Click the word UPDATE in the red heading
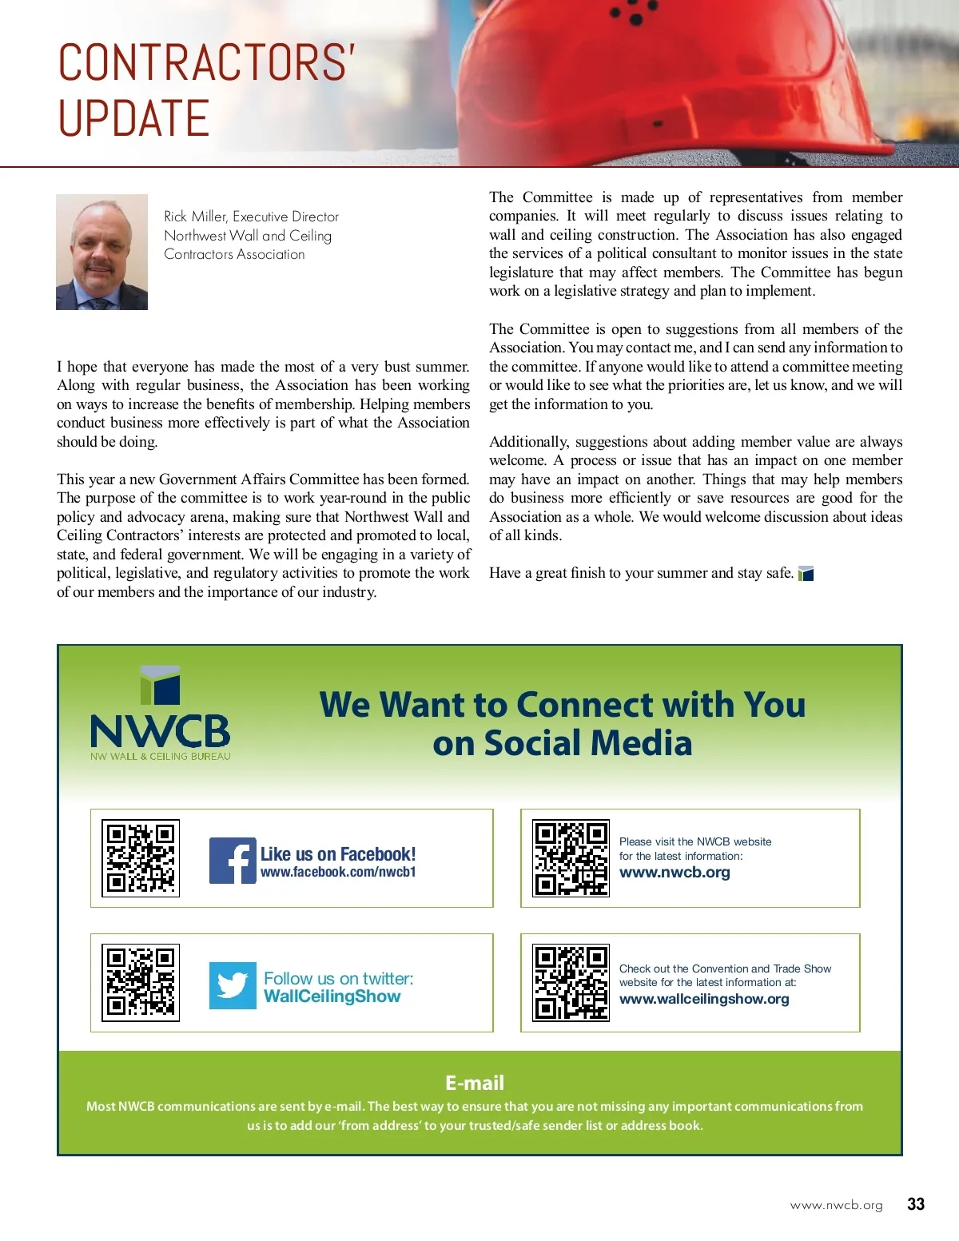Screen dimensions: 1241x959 pos(133,118)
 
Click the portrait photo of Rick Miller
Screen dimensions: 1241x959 pos(101,252)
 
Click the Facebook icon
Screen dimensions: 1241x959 pos(233,861)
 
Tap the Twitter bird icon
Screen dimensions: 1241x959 pos(233,985)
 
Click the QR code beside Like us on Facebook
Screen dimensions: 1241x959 pos(141,858)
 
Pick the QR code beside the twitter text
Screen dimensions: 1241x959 pos(141,982)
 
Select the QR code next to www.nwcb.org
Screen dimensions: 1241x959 pos(571,858)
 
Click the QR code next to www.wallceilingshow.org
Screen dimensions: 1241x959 pos(571,984)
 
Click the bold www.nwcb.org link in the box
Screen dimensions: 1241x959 pos(674,873)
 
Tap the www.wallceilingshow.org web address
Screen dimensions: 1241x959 pos(704,999)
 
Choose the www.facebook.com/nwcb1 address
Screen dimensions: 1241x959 pos(338,873)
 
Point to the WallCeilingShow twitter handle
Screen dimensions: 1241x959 pos(332,996)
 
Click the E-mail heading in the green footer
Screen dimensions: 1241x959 pos(475,1083)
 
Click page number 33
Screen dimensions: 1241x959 pos(916,1204)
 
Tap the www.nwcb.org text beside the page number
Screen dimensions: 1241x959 pos(836,1205)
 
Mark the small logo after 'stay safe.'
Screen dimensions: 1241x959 pos(806,573)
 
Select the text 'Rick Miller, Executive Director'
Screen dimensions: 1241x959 pos(251,217)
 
